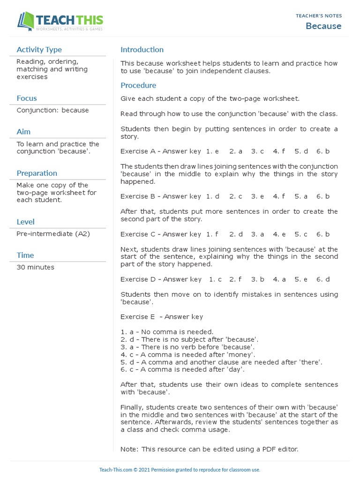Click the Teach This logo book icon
tap(26, 21)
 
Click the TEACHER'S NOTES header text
tap(318, 16)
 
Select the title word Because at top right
tap(323, 26)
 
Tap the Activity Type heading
tap(39, 50)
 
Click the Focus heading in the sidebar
tap(27, 98)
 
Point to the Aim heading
tap(23, 132)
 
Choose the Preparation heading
tap(37, 173)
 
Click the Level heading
tap(25, 222)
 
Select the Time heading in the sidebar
tap(25, 255)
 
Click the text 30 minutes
tap(35, 268)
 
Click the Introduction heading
tap(142, 50)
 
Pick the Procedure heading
tap(138, 85)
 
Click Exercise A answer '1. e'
tap(212, 151)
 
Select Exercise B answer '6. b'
tap(323, 196)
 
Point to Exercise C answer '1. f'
tap(212, 234)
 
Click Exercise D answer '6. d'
tap(323, 279)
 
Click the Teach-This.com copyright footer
tap(180, 470)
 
